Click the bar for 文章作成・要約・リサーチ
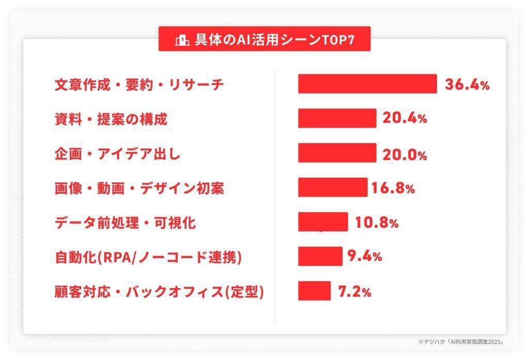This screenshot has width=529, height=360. pos(367,84)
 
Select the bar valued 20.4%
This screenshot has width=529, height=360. pos(337,118)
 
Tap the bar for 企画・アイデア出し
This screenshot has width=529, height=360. pos(337,153)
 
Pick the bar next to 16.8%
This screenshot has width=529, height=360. pos(332,187)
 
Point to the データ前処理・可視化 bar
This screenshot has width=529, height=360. pos(323,222)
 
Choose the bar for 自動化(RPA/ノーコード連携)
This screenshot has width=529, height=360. pos(320,256)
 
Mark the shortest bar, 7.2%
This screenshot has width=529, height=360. pos(314,291)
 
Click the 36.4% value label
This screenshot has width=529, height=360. pos(467,85)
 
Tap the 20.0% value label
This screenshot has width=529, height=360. pos(404,153)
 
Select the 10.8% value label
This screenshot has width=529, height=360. pos(377,223)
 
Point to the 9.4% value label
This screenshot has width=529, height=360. pos(364,256)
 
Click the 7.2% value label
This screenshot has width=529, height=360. pos(354,291)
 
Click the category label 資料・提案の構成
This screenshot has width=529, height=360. pos(111,119)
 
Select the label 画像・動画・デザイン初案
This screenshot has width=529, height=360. pos(139,189)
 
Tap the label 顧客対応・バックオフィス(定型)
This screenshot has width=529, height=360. pos(160,292)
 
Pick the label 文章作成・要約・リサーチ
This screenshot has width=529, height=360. pos(139,85)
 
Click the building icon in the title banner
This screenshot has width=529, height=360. pos(182,40)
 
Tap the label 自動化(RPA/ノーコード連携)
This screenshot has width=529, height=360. pos(148,257)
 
